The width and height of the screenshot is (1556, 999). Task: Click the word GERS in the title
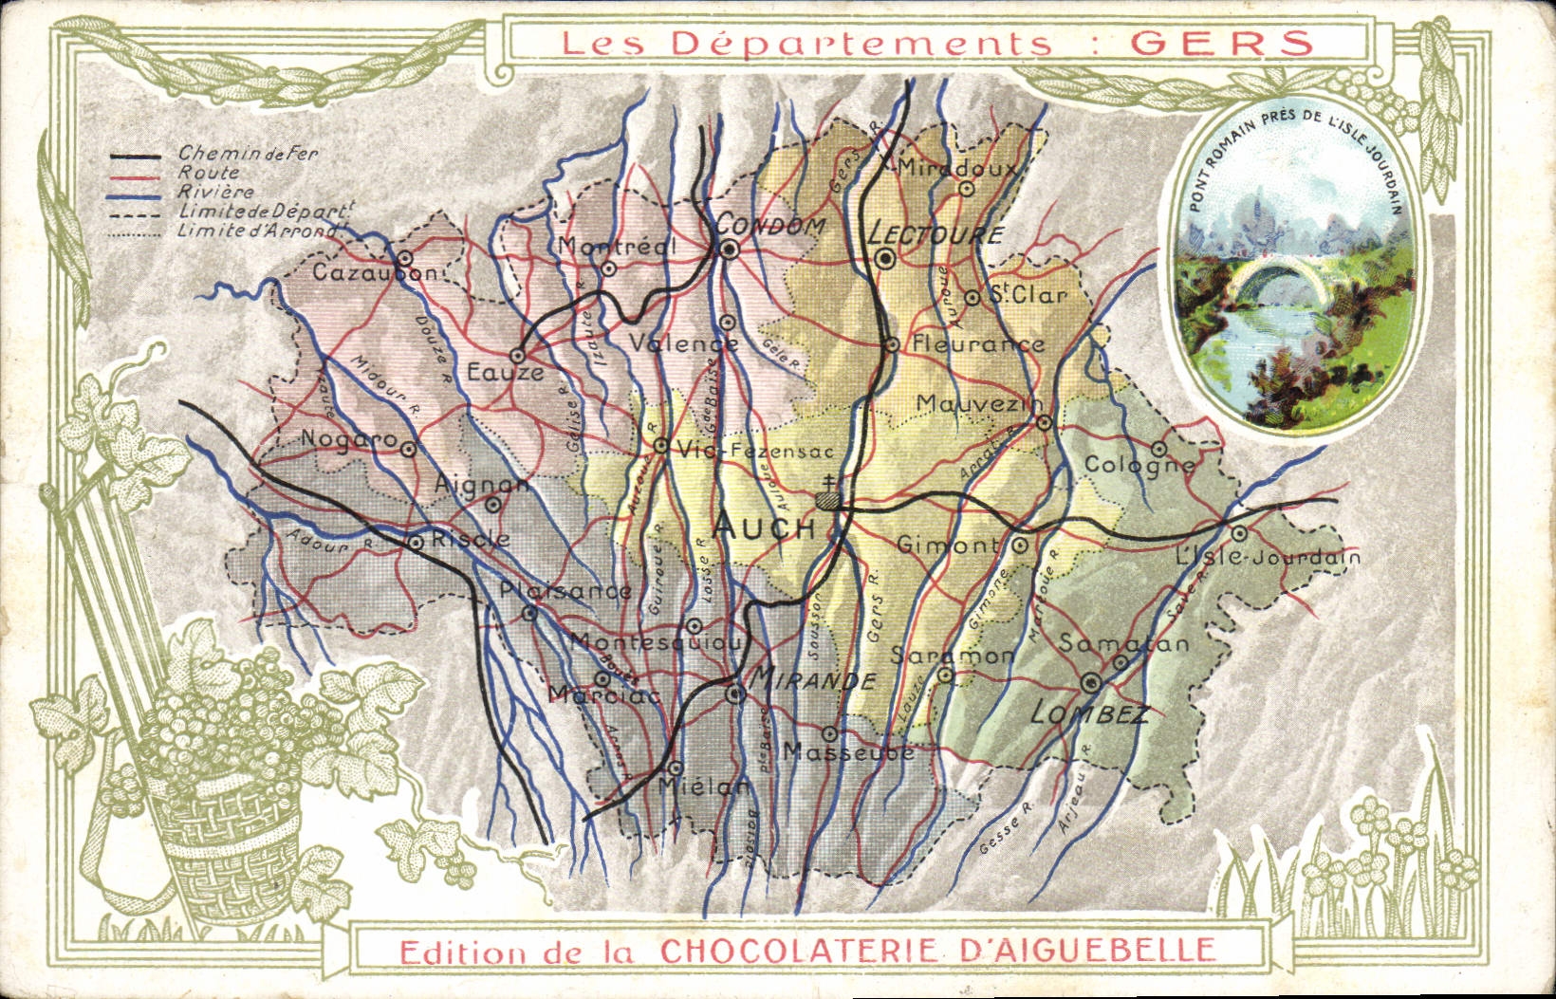pyautogui.click(x=1223, y=43)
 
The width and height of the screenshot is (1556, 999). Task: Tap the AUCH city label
pyautogui.click(x=764, y=527)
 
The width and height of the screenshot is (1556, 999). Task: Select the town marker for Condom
pyautogui.click(x=729, y=250)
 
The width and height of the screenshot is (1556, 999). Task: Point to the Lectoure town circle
pyautogui.click(x=885, y=258)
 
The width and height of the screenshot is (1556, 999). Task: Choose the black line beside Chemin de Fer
pyautogui.click(x=135, y=157)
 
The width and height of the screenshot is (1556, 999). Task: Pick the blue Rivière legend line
pyautogui.click(x=135, y=194)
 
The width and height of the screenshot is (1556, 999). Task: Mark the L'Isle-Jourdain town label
pyautogui.click(x=1267, y=557)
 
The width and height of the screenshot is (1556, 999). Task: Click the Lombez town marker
pyautogui.click(x=1091, y=681)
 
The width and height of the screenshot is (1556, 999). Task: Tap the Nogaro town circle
pyautogui.click(x=408, y=450)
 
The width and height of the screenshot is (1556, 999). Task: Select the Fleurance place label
pyautogui.click(x=977, y=344)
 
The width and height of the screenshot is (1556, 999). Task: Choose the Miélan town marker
pyautogui.click(x=675, y=768)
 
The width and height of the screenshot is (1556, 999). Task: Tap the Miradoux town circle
pyautogui.click(x=966, y=188)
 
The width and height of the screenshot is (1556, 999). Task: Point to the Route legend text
pyautogui.click(x=209, y=174)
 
